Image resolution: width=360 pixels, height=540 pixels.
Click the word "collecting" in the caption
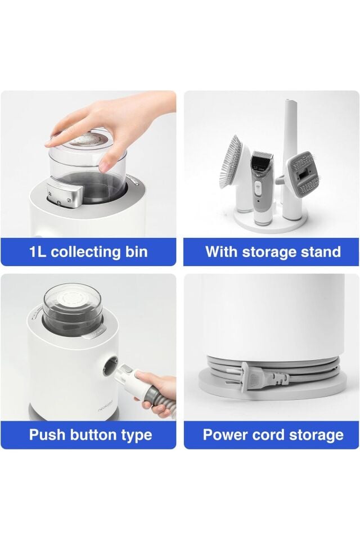85,252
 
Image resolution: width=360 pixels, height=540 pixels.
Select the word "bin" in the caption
136,252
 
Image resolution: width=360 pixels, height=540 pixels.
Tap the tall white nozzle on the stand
289,155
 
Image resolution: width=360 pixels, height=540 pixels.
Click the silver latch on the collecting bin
62,195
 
